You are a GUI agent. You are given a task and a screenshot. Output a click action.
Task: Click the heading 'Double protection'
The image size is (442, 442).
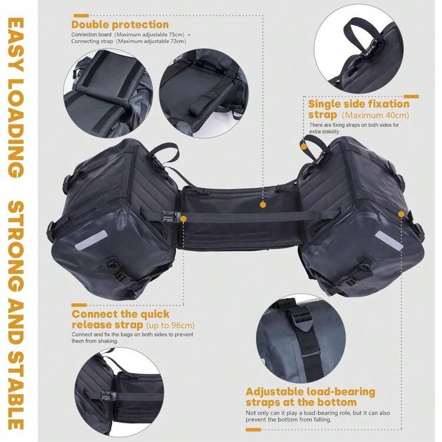[120, 25]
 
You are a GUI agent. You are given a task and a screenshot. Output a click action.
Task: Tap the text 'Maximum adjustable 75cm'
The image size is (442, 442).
[150, 35]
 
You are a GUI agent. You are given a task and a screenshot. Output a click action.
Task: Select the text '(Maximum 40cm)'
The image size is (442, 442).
[375, 115]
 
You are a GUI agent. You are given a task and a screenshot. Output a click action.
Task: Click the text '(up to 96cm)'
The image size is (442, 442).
[170, 325]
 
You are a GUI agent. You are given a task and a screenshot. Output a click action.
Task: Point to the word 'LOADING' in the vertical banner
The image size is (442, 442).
[15, 129]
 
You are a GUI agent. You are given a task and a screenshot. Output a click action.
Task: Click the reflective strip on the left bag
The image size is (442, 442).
[91, 240]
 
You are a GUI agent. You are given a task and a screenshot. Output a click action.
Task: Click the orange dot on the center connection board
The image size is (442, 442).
[263, 205]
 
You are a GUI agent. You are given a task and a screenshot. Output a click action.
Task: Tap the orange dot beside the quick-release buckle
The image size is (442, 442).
[183, 219]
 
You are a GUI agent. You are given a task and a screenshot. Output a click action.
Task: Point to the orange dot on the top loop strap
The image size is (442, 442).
[304, 147]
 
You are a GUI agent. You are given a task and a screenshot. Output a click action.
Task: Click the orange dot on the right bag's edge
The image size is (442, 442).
[401, 215]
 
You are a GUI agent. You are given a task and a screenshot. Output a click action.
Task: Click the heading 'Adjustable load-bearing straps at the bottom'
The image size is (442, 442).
[311, 397]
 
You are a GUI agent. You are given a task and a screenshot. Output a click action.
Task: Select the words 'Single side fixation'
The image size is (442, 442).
[358, 104]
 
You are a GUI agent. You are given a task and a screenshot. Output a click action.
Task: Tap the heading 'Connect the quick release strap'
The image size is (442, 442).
[121, 319]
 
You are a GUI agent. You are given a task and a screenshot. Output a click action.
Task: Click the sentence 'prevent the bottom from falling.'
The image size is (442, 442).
[288, 420]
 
